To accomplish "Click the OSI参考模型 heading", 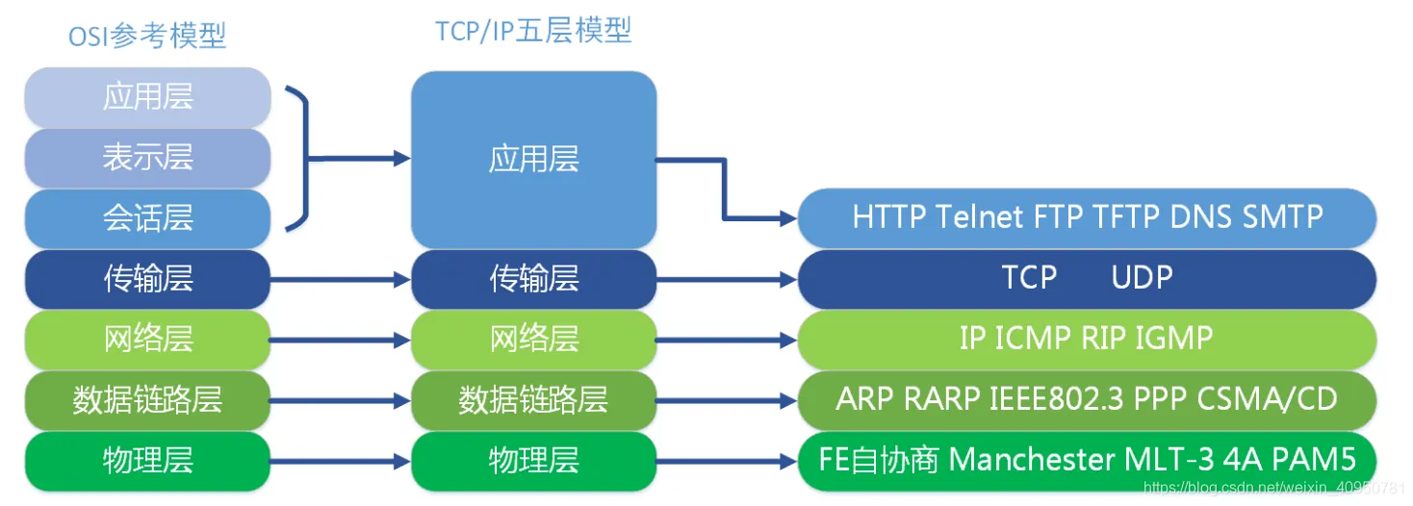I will tap(147, 37).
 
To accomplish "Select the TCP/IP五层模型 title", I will tap(533, 31).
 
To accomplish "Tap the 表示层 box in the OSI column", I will tap(147, 157).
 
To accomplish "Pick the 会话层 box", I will tap(147, 217).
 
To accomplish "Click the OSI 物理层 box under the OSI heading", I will tap(147, 460).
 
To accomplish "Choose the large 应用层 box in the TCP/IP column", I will tap(533, 159).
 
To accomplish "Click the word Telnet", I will tap(980, 216).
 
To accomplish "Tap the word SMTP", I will tap(1283, 216).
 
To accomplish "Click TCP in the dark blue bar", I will tap(1029, 278).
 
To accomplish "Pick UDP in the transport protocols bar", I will tap(1142, 278).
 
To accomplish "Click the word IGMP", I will tap(1173, 338).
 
